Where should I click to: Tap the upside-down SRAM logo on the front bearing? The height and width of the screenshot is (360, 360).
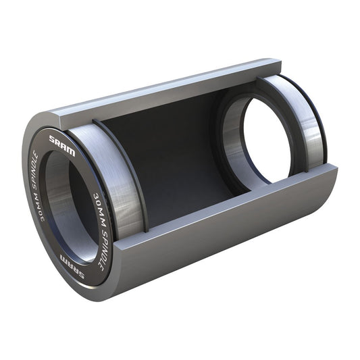(x=71, y=259)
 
